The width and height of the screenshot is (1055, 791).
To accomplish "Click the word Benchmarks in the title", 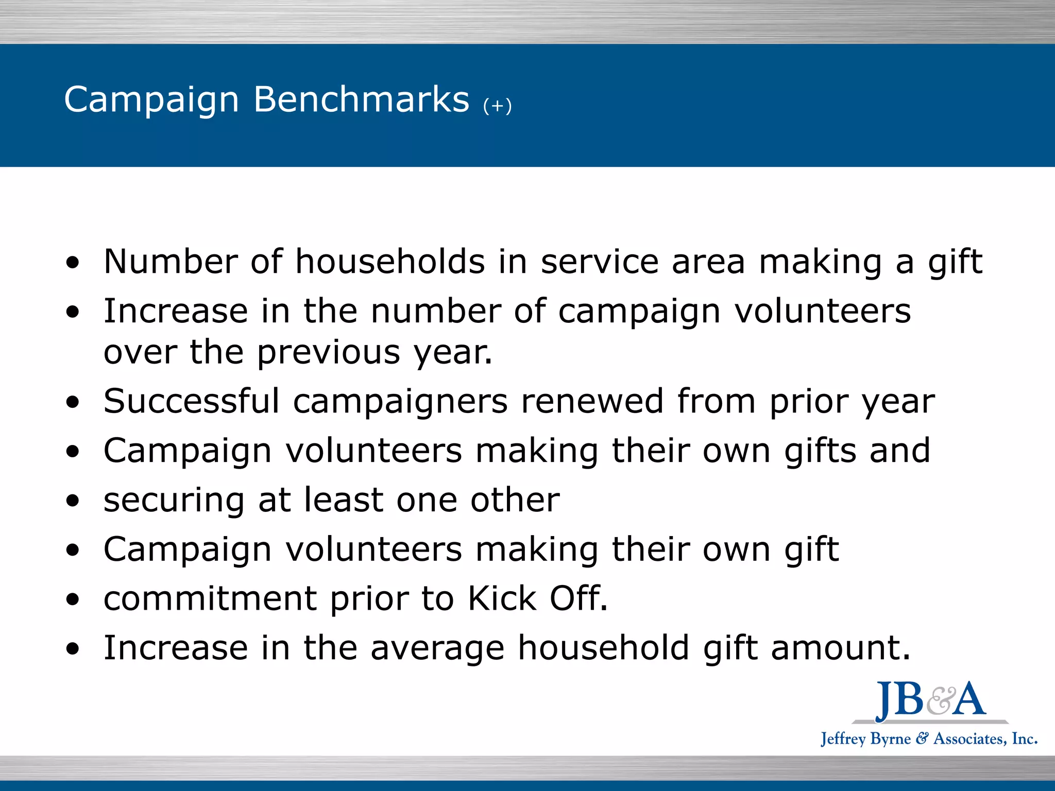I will click(x=361, y=99).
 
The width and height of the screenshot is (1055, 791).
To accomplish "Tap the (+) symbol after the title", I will click(x=497, y=106).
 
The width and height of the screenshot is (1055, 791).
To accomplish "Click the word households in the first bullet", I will click(x=390, y=262).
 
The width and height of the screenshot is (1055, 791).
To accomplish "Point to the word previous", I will click(x=329, y=353).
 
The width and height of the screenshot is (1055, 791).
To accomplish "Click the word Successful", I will click(x=191, y=401).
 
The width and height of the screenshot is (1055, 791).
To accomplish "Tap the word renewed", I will click(x=592, y=401).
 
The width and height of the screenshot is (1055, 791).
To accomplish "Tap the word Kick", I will click(x=502, y=598).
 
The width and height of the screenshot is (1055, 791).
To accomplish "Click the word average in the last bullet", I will click(x=437, y=648).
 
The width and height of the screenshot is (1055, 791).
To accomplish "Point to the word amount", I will click(x=840, y=647).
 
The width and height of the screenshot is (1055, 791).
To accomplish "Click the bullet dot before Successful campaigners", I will click(x=73, y=402).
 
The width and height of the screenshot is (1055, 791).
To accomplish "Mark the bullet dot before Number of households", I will click(x=73, y=263).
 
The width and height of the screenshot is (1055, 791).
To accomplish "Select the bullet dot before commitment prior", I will click(x=73, y=599).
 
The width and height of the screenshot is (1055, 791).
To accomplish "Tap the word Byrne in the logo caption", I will click(x=890, y=739).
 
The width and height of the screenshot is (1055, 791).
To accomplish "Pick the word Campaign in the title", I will click(x=151, y=100).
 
